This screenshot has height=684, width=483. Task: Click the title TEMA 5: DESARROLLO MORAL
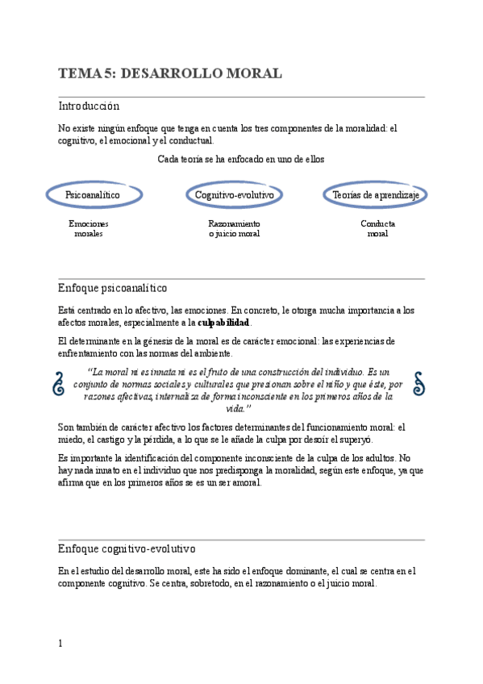[x=170, y=74]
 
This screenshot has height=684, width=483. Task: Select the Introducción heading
[x=89, y=106]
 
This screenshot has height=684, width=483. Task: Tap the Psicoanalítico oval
[x=93, y=195]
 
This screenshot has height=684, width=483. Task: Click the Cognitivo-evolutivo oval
[x=235, y=195]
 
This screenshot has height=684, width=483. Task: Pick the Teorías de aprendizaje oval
[x=377, y=195]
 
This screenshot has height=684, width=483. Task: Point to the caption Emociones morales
[x=89, y=228]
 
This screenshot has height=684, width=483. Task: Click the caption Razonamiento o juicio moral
[x=234, y=228]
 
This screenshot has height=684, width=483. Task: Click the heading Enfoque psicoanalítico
[x=113, y=288]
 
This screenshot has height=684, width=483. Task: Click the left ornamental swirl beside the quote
[x=59, y=384]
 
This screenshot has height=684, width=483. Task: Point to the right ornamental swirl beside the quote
[x=418, y=384]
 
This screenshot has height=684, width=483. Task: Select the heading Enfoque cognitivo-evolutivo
[x=127, y=549]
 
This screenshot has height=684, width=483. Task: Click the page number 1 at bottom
[x=60, y=643]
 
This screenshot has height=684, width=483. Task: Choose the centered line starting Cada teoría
[x=240, y=160]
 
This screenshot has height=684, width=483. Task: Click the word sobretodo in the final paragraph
[x=189, y=584]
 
